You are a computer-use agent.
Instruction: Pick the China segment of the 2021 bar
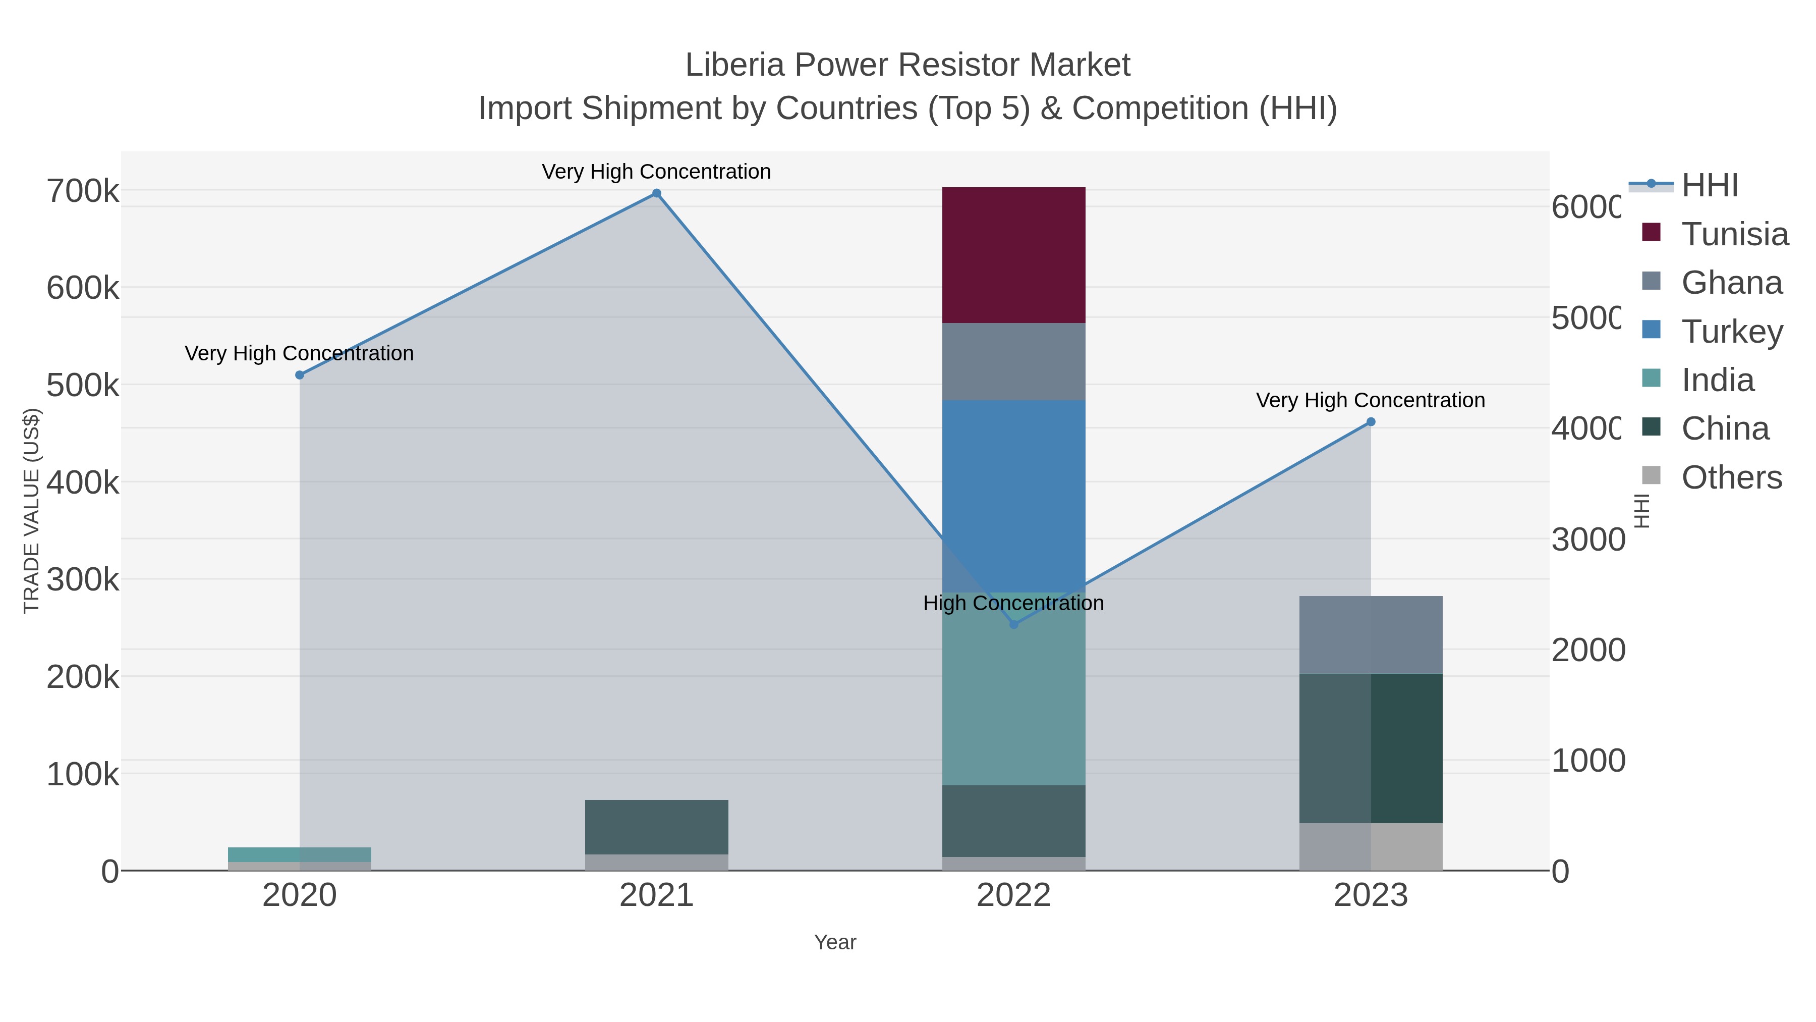pos(656,827)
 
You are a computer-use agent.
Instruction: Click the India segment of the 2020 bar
pos(300,854)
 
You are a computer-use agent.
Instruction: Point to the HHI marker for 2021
pos(656,193)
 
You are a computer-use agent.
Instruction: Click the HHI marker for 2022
pos(1014,624)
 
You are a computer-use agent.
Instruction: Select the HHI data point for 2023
pos(1371,422)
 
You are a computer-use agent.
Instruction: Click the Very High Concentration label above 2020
pos(300,353)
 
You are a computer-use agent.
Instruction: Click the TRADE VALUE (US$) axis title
pos(32,511)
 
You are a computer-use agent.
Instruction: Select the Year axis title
pos(835,942)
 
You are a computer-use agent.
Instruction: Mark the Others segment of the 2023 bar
pos(1371,846)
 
